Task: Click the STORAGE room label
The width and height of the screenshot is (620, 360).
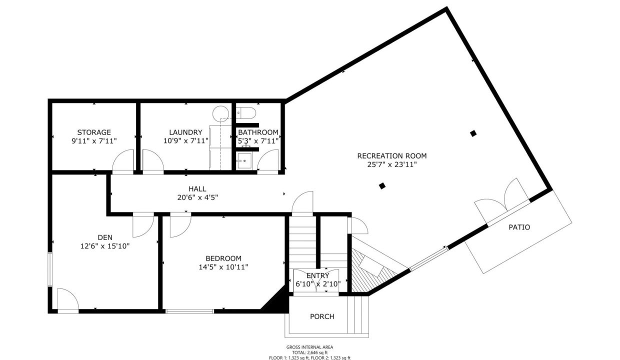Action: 94,132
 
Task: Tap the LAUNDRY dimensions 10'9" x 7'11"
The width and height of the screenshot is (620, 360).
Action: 185,141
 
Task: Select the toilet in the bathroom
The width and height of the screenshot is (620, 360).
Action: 246,113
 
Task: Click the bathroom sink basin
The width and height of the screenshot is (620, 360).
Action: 244,160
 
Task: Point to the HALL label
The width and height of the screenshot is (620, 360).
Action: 197,189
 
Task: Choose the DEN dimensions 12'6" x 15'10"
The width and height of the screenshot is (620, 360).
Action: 105,246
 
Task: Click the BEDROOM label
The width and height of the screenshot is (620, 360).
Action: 223,258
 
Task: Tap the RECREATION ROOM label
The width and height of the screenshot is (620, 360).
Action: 392,156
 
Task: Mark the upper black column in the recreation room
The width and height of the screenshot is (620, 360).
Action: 473,133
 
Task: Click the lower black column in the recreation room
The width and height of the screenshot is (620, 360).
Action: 382,186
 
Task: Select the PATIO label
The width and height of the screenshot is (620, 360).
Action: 519,227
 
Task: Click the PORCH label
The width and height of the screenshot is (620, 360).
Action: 322,316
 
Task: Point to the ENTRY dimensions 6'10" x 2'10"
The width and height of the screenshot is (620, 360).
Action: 317,284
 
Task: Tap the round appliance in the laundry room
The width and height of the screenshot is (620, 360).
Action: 220,113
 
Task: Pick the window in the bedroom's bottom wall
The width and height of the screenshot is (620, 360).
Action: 189,311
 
